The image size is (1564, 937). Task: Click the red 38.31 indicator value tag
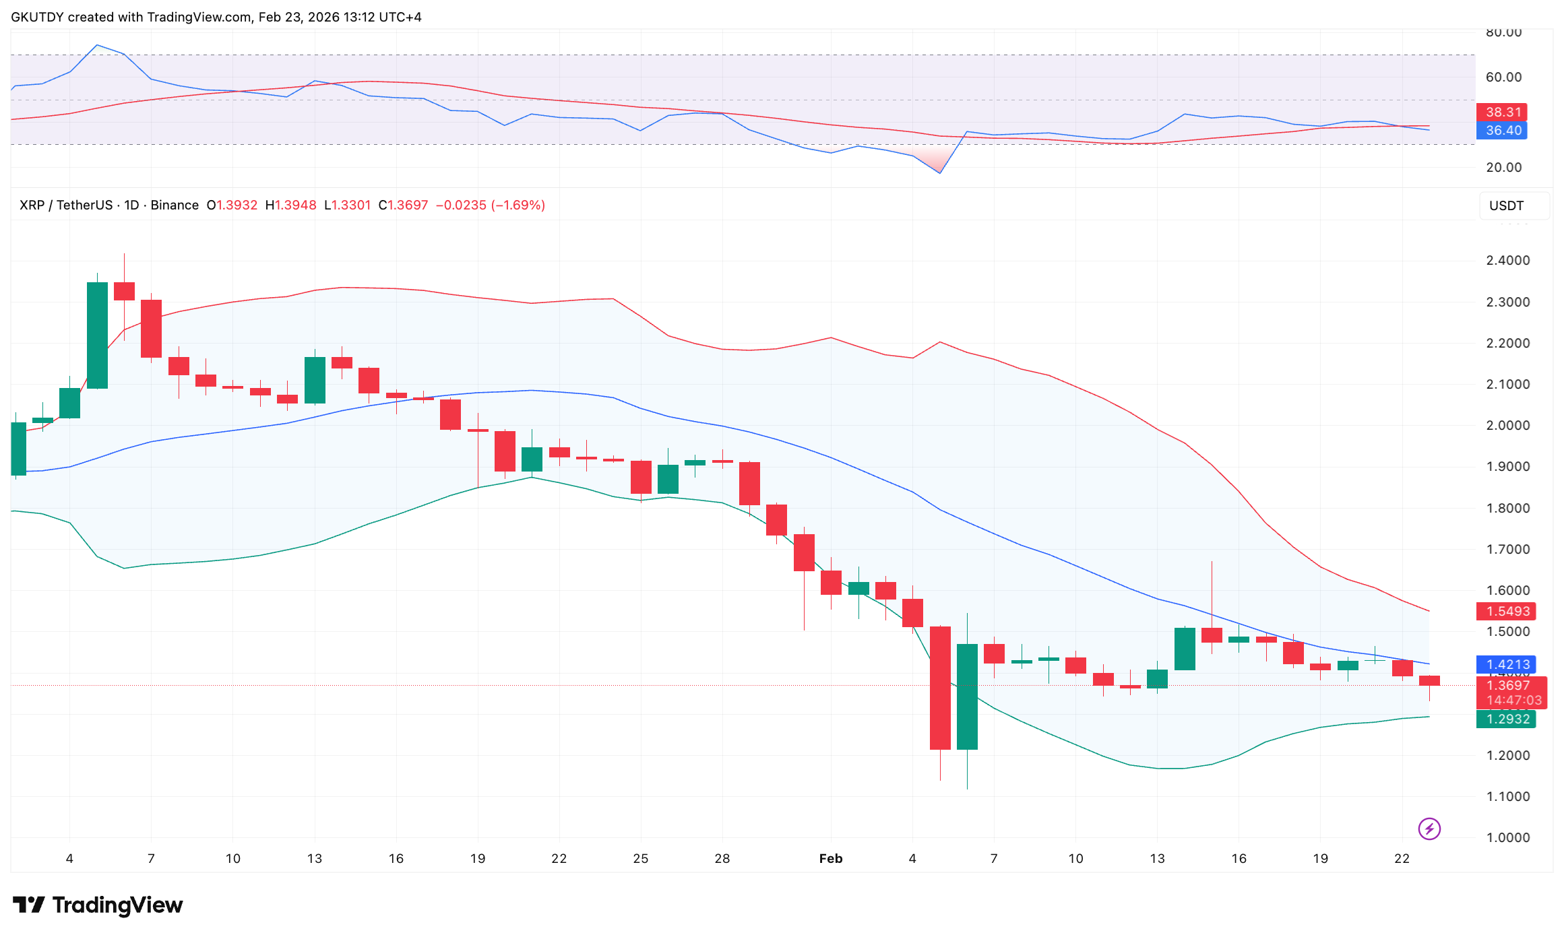tap(1503, 112)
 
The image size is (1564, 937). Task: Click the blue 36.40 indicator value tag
tap(1503, 130)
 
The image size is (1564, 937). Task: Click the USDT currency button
tap(1506, 205)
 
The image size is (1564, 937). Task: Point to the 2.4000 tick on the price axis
tap(1508, 260)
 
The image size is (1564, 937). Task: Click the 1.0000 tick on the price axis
tap(1508, 837)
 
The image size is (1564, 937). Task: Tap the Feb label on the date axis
tap(830, 858)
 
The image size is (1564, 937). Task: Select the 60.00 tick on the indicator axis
tap(1503, 77)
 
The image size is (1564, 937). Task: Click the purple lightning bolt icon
tap(1429, 829)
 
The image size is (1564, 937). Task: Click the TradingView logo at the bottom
tap(98, 905)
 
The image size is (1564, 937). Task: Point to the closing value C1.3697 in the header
tap(403, 205)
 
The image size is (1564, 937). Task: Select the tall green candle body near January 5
tap(97, 335)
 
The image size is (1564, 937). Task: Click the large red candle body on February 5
tap(940, 687)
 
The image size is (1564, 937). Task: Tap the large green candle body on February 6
tap(967, 696)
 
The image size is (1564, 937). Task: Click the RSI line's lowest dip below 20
tap(940, 172)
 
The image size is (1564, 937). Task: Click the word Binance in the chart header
tap(175, 205)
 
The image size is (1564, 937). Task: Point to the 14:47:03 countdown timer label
tap(1513, 700)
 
